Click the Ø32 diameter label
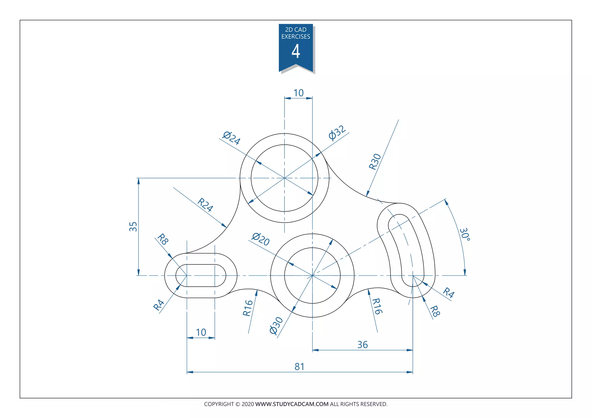pos(337,133)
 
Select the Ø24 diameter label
pos(231,138)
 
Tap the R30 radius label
pos(375,162)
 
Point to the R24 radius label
pos(205,205)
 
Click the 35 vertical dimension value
pos(133,227)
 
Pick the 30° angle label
pos(465,234)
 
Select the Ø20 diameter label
pos(260,239)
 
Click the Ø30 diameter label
pos(276,325)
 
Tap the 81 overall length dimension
pos(299,367)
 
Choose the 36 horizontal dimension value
pos(362,345)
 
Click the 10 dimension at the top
pos(298,93)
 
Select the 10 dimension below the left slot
pos(201,332)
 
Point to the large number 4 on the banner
pos(296,52)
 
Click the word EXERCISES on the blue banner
pos(296,37)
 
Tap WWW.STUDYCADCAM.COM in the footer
pos(292,404)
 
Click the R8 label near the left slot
pos(162,239)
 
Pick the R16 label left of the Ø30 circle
pos(248,308)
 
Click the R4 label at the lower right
pos(449,293)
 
